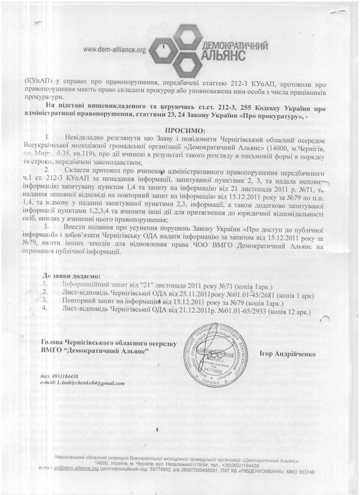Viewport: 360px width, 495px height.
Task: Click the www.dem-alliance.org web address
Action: [x=115, y=50]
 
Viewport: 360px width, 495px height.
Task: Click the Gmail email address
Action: [x=90, y=383]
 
